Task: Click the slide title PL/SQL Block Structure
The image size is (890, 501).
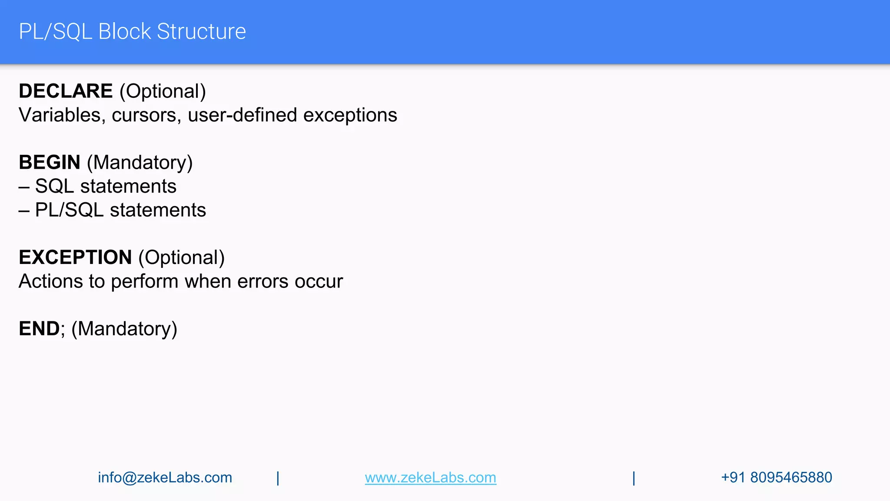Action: click(132, 32)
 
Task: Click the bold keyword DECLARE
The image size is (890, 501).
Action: click(66, 91)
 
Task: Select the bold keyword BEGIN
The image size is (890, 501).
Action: click(50, 163)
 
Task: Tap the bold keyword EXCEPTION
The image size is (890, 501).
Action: click(75, 257)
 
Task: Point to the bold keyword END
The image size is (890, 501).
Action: click(39, 329)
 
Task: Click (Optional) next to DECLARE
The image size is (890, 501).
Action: click(163, 91)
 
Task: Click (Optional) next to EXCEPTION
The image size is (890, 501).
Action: click(182, 257)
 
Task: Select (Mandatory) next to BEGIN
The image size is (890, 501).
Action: click(140, 163)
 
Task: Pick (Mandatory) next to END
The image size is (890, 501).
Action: click(124, 329)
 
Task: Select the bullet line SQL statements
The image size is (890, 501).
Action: click(106, 187)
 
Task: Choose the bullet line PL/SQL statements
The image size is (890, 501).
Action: click(120, 210)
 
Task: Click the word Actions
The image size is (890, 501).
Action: click(50, 281)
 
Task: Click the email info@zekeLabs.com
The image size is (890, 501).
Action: click(165, 478)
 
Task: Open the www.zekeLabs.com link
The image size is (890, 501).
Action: click(430, 478)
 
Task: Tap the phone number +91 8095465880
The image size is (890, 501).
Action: click(777, 478)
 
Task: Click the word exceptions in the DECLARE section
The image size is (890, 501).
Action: click(350, 115)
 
